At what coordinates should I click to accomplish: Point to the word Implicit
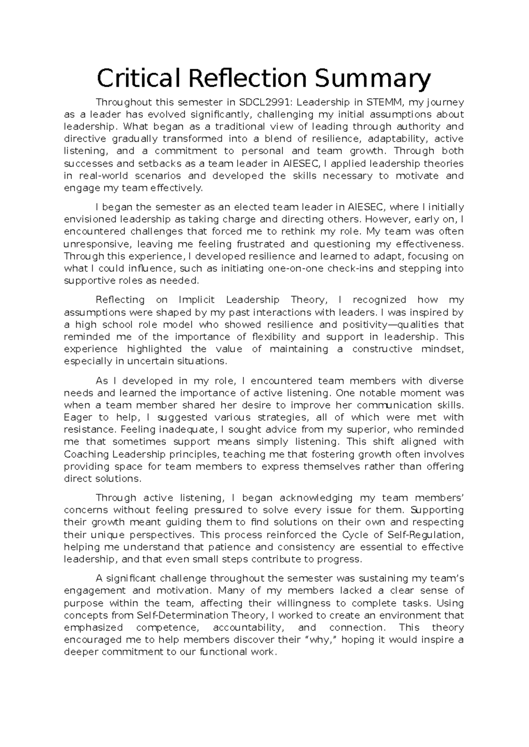pos(197,300)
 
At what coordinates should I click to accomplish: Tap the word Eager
pos(78,418)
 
